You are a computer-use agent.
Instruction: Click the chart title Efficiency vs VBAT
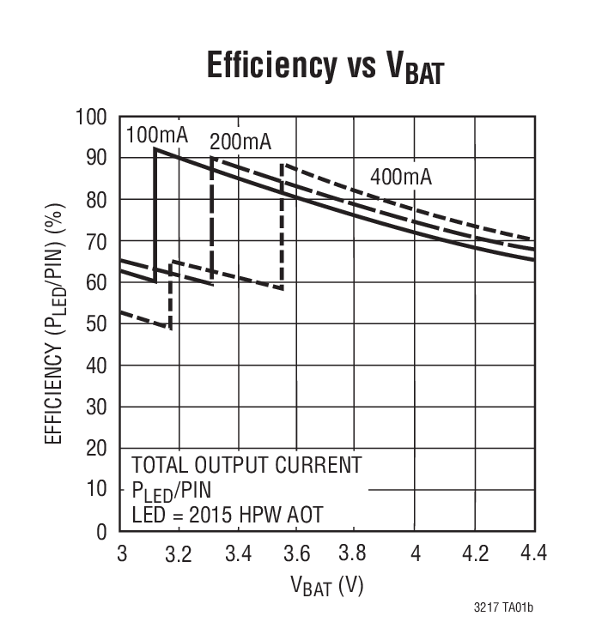(x=325, y=67)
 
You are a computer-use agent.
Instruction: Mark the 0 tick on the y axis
(x=102, y=532)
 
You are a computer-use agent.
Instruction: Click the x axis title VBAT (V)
(x=326, y=588)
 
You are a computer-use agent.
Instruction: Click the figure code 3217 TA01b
(x=503, y=607)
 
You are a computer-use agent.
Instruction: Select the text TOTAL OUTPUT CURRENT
(x=246, y=466)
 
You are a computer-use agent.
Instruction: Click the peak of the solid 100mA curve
(x=155, y=148)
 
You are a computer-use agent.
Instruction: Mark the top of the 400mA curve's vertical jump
(x=283, y=163)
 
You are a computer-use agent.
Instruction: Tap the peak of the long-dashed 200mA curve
(x=212, y=157)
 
